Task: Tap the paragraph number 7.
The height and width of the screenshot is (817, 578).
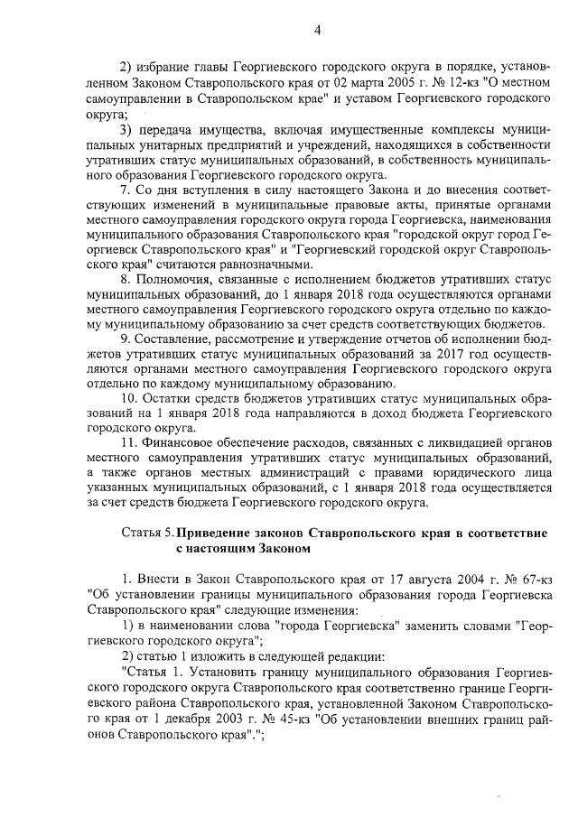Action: click(x=125, y=194)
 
